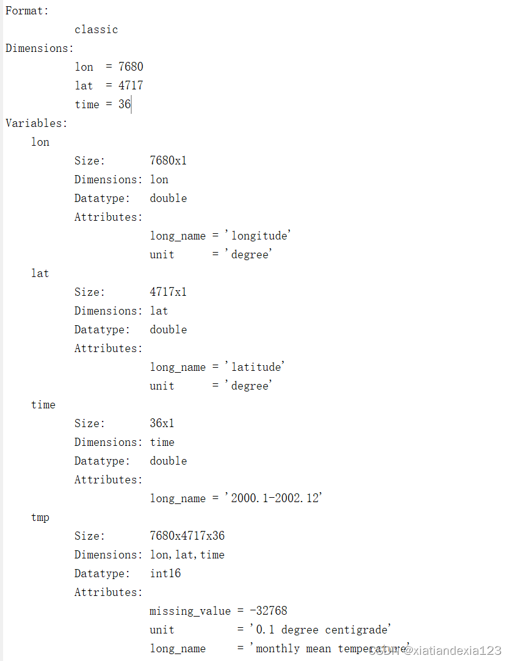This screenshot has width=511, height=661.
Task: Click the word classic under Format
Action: pos(96,29)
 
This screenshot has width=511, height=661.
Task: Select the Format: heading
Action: pos(27,11)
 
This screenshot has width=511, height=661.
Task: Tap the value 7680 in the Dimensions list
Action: pos(131,67)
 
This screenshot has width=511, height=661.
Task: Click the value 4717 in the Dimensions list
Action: pos(131,86)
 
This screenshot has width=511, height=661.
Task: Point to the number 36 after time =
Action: pos(125,104)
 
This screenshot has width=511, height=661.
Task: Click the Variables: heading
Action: pos(36,123)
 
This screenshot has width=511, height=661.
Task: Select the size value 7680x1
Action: pos(168,161)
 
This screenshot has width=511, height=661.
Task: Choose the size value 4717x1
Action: pos(168,292)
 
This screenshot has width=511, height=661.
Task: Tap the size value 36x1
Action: pos(162,423)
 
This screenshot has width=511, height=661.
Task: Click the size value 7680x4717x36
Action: pos(187,536)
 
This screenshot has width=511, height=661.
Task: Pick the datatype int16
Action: pos(165,573)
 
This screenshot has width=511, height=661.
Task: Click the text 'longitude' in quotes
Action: pos(261,236)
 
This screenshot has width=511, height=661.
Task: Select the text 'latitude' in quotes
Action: pos(258,367)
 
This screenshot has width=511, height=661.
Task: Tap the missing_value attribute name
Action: pos(190,611)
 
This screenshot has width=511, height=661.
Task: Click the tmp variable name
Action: pos(40,517)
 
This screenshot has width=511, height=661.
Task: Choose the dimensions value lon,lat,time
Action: pos(187,555)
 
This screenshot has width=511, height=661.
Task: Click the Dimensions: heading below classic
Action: pos(39,48)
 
